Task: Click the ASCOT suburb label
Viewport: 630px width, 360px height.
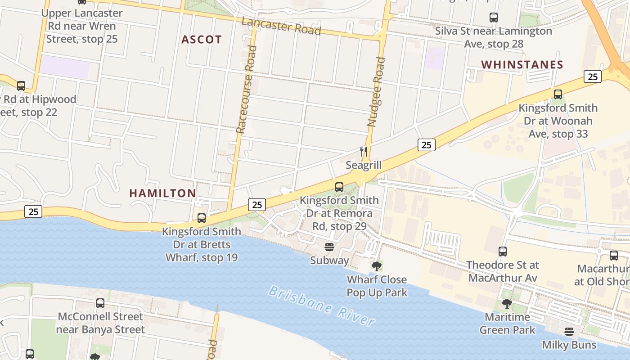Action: [202, 40]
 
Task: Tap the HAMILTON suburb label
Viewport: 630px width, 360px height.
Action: [162, 193]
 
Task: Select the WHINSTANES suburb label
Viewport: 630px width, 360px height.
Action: [522, 65]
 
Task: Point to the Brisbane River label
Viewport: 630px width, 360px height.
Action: [321, 306]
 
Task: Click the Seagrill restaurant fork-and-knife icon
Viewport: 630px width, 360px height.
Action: [364, 152]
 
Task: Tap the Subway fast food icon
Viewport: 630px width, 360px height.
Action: [329, 247]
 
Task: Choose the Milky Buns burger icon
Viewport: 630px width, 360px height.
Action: [569, 332]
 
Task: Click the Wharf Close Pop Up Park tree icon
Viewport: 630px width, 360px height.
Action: [377, 266]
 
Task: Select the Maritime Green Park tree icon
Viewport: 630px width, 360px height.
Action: [507, 304]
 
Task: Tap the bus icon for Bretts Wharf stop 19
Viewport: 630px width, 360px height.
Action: [202, 218]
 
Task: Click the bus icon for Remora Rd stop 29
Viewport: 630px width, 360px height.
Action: [339, 187]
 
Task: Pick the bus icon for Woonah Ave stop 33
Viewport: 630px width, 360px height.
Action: [558, 94]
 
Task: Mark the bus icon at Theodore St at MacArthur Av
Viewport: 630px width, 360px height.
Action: [503, 252]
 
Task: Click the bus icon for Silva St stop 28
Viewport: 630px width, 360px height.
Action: [494, 18]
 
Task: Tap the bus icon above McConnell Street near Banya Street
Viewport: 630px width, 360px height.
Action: [100, 303]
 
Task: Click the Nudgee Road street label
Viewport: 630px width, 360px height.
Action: [376, 91]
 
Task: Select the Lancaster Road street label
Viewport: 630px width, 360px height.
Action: [281, 26]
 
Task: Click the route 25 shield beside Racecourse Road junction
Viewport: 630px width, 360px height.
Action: [257, 205]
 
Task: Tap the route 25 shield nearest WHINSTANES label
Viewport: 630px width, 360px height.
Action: [593, 76]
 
